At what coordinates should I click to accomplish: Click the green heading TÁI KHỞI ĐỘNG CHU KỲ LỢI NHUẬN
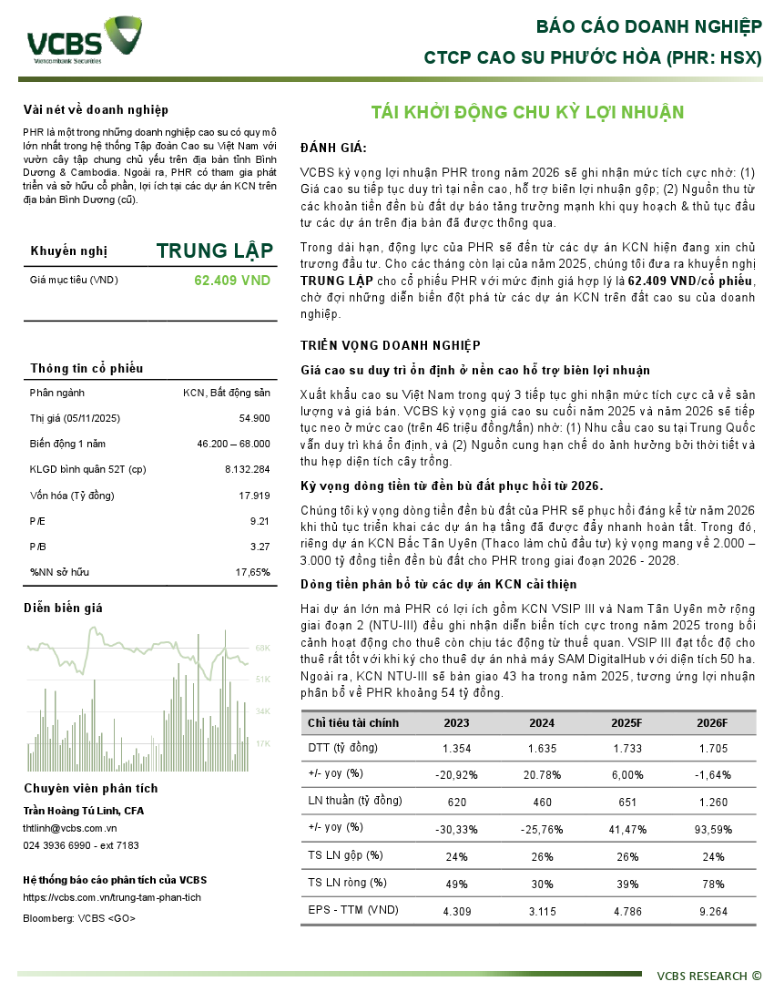click(x=527, y=112)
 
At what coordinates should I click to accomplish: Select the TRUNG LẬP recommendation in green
click(x=214, y=251)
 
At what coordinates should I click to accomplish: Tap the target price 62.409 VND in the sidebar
click(x=232, y=281)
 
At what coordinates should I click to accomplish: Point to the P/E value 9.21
click(x=260, y=521)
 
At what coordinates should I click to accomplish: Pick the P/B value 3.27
click(x=260, y=547)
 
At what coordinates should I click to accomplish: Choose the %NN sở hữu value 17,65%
click(x=252, y=572)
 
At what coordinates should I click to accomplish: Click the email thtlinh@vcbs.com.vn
click(x=70, y=828)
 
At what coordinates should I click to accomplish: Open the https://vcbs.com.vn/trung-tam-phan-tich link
click(x=112, y=897)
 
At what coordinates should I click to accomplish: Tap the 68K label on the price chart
click(x=262, y=649)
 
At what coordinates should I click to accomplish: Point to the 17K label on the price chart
click(x=262, y=743)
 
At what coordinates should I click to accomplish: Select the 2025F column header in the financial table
click(x=627, y=722)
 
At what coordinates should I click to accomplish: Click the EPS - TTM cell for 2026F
click(x=712, y=909)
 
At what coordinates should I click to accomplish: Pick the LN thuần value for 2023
click(x=456, y=801)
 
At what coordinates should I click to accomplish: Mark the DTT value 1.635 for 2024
click(x=542, y=748)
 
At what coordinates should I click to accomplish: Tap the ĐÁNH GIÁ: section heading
click(x=333, y=148)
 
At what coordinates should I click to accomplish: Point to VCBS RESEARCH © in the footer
click(x=709, y=976)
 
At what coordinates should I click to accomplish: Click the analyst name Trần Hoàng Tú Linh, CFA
click(x=84, y=811)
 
